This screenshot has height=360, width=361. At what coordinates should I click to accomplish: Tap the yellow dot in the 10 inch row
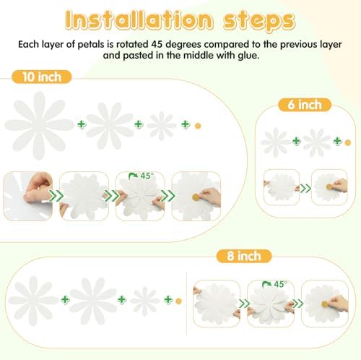tap(199, 125)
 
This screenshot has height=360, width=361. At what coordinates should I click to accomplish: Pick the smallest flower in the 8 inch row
tap(144, 299)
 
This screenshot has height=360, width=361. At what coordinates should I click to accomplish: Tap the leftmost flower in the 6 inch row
tap(274, 142)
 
